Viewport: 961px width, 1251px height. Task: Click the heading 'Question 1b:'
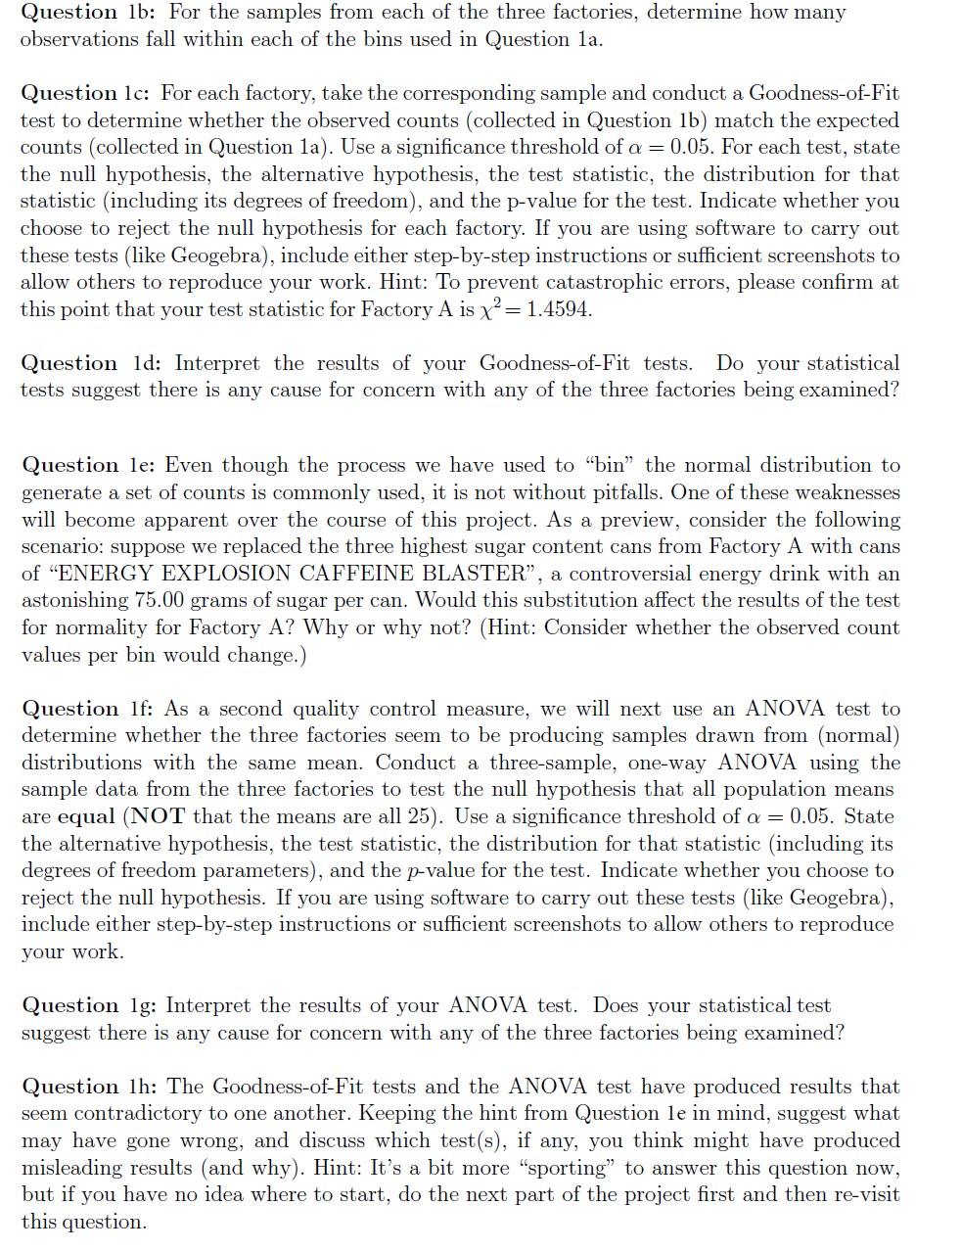coord(83,13)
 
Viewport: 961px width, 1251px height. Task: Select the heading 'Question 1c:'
coord(83,94)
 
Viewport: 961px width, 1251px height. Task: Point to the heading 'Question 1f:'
coord(83,709)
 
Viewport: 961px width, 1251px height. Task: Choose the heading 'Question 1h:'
coord(85,1087)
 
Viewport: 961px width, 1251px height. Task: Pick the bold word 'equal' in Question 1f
coord(86,816)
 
